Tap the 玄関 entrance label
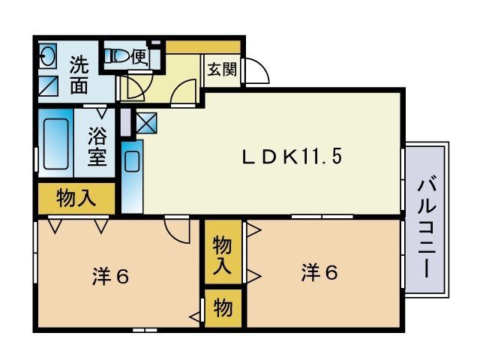[x=221, y=70]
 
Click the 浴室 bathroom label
[x=97, y=147]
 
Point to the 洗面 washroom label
[x=79, y=74]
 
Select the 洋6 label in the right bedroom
[x=319, y=271]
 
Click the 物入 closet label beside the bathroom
[x=76, y=199]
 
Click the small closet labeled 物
[x=222, y=307]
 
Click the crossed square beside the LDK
[x=145, y=122]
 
